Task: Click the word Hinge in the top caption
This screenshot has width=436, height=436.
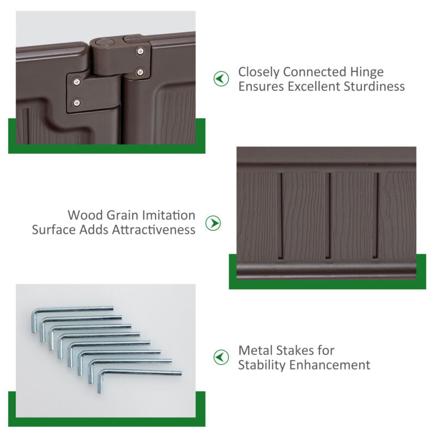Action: tap(367, 72)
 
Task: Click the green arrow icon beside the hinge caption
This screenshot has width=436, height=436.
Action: tap(221, 78)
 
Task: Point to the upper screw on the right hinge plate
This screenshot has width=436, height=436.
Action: tap(141, 51)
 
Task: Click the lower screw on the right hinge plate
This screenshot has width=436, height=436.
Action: tap(140, 72)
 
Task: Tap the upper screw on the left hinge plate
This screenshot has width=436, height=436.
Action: tap(77, 82)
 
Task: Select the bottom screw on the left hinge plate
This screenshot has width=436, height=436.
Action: tap(77, 102)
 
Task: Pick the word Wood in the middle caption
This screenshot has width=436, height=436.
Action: tap(85, 215)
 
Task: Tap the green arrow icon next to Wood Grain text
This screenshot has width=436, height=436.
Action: tap(213, 223)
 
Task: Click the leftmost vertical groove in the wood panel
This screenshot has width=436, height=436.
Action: tap(280, 216)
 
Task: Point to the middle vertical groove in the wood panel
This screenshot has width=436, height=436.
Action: tap(328, 216)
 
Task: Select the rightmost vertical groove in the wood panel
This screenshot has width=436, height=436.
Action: tap(376, 216)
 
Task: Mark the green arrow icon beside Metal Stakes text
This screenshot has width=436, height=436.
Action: tap(221, 357)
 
